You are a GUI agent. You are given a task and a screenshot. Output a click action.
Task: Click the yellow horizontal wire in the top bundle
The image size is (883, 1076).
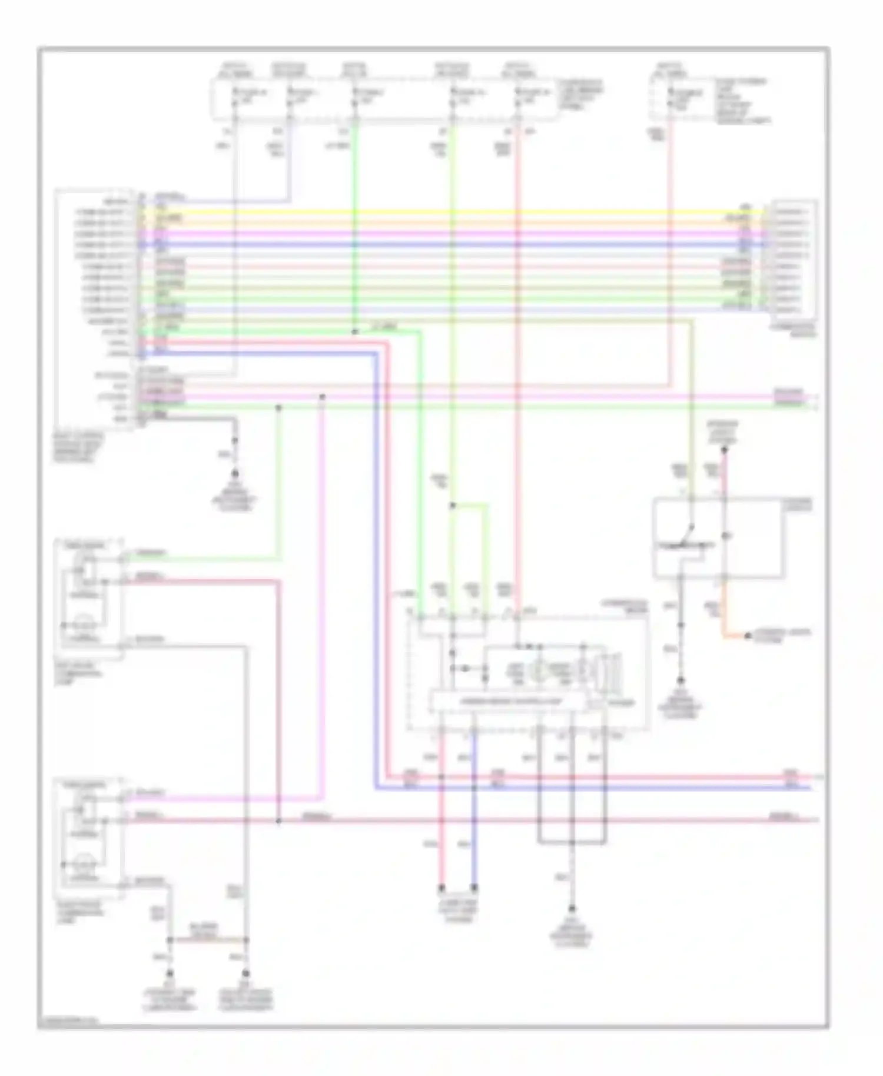(x=447, y=212)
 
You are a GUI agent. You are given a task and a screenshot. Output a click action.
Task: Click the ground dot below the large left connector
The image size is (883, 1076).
(x=235, y=473)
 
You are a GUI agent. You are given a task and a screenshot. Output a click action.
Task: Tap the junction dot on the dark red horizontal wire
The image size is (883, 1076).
(x=278, y=820)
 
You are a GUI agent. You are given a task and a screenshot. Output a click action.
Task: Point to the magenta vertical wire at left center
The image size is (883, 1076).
(x=322, y=589)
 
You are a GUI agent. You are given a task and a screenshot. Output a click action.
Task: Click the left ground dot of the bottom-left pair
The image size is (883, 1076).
(x=170, y=974)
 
